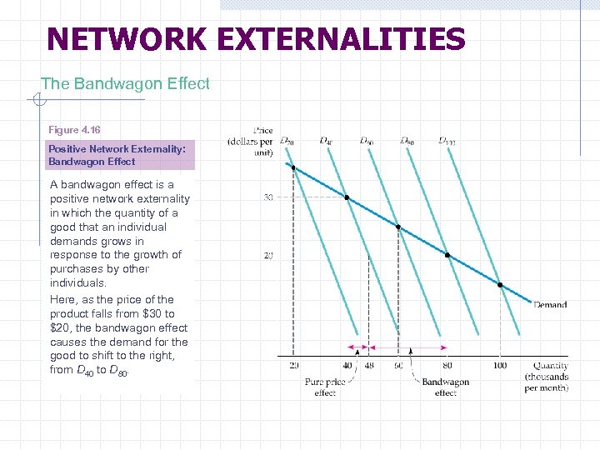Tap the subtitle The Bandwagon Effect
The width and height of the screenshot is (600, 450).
pyautogui.click(x=125, y=83)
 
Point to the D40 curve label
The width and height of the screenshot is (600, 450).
pyautogui.click(x=326, y=141)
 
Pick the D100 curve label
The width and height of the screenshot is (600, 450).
pyautogui.click(x=447, y=141)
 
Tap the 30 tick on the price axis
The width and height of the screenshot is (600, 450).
pyautogui.click(x=268, y=198)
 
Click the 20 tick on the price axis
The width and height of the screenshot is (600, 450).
pyautogui.click(x=268, y=255)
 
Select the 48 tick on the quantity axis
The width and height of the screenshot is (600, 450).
pyautogui.click(x=368, y=365)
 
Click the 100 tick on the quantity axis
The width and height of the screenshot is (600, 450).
pyautogui.click(x=499, y=365)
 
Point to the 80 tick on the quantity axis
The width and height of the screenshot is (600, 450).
pyautogui.click(x=447, y=365)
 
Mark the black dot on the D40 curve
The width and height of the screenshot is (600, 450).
pyautogui.click(x=347, y=198)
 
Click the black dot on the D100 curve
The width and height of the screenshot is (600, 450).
pyautogui.click(x=500, y=285)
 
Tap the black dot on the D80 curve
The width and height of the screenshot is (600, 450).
pyautogui.click(x=447, y=255)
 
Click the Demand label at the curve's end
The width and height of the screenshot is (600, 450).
pyautogui.click(x=550, y=305)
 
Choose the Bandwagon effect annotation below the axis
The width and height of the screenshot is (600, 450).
pyautogui.click(x=445, y=387)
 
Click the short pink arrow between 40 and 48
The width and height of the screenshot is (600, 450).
pyautogui.click(x=357, y=347)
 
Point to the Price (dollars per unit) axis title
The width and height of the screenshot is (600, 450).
pyautogui.click(x=252, y=142)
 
